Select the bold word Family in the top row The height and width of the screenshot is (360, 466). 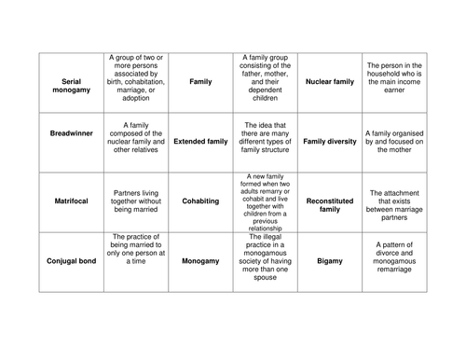[200, 82]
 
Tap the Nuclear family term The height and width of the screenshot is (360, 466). [330, 82]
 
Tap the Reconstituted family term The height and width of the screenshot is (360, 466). [330, 204]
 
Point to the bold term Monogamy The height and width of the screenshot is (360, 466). [200, 261]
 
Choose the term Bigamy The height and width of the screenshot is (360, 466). [330, 261]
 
